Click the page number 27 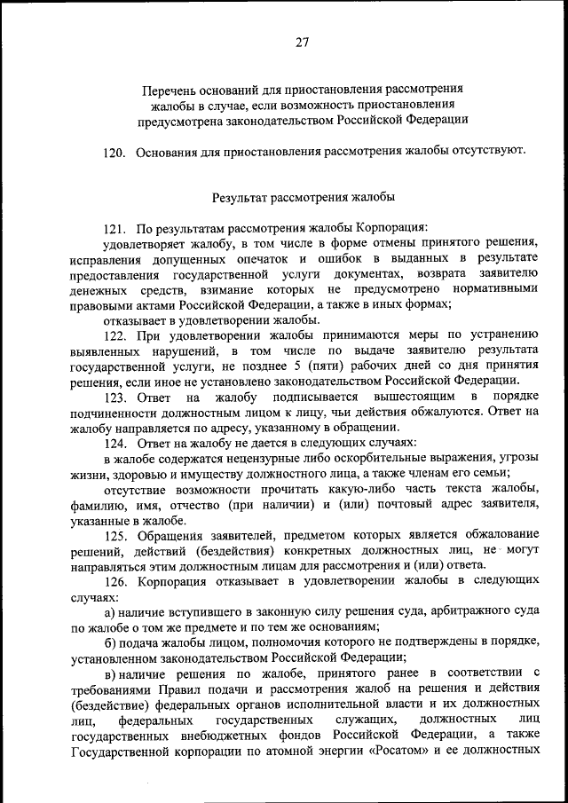302,41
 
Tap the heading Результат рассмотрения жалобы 303,195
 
